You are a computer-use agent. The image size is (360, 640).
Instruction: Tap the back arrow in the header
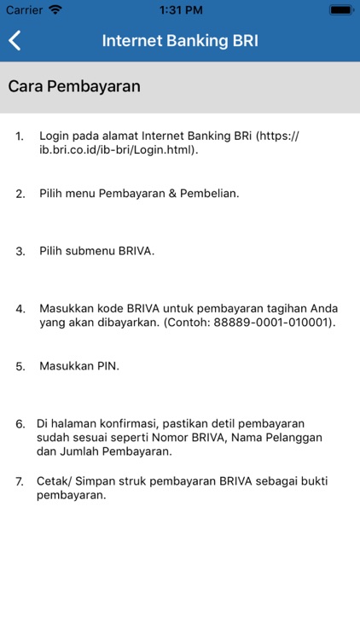tap(15, 41)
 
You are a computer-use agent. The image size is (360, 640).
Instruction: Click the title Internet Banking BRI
tap(180, 41)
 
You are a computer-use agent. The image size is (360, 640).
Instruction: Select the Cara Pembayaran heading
tap(74, 86)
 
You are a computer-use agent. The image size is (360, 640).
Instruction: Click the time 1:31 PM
tap(179, 9)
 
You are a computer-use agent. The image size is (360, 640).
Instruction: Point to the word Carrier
tap(24, 9)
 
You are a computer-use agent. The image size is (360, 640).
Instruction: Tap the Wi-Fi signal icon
tap(55, 9)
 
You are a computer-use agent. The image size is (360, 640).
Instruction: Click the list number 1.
tap(20, 136)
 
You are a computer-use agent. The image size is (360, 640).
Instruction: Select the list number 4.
tap(20, 308)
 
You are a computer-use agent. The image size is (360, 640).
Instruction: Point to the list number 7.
tap(20, 481)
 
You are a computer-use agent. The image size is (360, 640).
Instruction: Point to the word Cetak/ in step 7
tap(55, 481)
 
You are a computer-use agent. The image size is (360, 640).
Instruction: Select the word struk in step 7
tap(122, 481)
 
